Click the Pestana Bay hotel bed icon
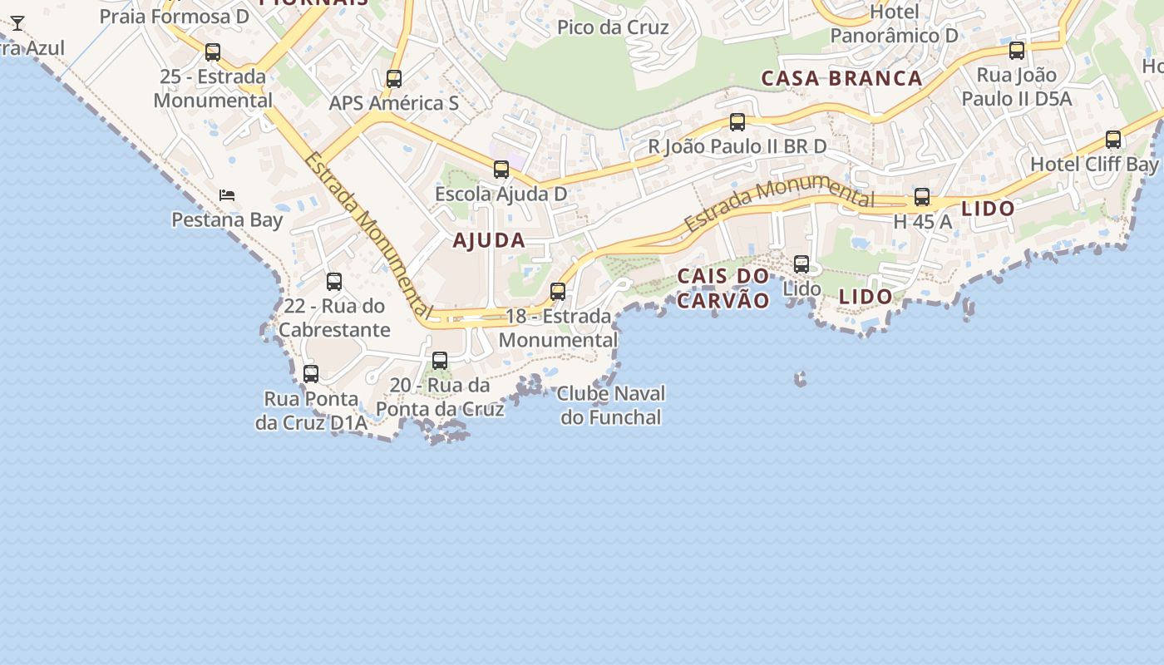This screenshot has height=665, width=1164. pos(227,195)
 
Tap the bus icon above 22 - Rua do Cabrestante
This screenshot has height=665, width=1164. pos(334,282)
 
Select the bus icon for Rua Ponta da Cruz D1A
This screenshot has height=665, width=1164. pos(311,374)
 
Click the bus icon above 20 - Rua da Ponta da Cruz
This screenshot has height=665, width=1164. pos(440,361)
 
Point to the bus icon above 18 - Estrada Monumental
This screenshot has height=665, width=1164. pos(558,292)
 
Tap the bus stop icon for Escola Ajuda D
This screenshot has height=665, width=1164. pos(501,170)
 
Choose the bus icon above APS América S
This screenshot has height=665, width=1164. pos(394,79)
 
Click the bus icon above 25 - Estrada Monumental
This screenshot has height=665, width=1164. pos(213,52)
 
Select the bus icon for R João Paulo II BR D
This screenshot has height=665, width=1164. pos(737,122)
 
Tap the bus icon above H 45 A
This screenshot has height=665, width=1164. pos(922,197)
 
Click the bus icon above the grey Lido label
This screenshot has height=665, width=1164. pos(801,264)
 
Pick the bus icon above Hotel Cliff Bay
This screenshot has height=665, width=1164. pos(1113,140)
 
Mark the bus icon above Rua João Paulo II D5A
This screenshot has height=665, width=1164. pos(1017,51)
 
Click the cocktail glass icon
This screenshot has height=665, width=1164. pos(17,23)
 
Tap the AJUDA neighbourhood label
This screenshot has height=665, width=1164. pos(489,240)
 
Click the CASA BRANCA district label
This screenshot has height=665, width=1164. pos(841,79)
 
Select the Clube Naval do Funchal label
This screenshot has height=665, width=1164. pos(611,405)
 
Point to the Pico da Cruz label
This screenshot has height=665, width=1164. pos(613,27)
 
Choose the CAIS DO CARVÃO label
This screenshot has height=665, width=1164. pos(723,288)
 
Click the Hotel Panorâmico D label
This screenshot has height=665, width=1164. pos(895,24)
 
